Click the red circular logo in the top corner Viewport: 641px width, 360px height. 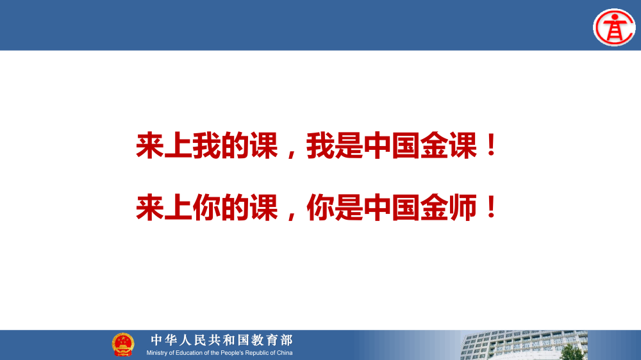614,27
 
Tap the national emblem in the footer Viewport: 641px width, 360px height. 123,345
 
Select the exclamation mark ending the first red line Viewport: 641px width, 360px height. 492,147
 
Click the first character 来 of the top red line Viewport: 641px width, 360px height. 150,147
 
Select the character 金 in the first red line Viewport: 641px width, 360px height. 435,147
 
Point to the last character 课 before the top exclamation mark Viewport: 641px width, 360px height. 463,147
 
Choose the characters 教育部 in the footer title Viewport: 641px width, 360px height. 274,340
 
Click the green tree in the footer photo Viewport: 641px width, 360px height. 571,352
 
